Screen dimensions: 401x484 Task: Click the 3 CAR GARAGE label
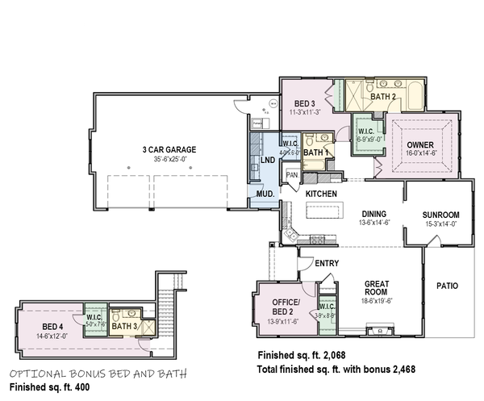click(x=169, y=149)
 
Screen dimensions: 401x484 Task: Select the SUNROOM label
click(x=441, y=215)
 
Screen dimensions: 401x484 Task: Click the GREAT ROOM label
click(x=378, y=287)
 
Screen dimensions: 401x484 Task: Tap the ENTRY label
click(x=327, y=263)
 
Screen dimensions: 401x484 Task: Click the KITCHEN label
click(x=320, y=194)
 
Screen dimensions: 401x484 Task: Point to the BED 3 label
click(x=304, y=103)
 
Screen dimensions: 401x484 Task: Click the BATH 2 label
click(x=382, y=97)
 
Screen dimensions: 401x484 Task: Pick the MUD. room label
click(x=266, y=194)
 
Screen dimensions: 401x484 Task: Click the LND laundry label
click(x=269, y=161)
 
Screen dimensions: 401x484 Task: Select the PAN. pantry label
click(x=292, y=174)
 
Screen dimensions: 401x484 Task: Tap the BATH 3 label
click(x=125, y=326)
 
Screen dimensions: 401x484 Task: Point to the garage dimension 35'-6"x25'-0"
click(x=169, y=159)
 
